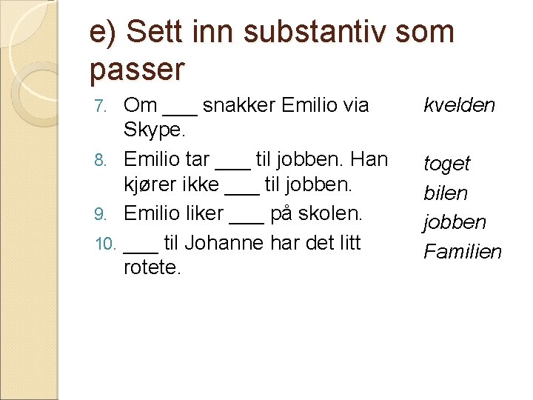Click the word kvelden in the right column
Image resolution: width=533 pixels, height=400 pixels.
459,105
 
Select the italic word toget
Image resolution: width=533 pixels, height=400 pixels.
446,164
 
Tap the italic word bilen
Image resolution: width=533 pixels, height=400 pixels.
446,193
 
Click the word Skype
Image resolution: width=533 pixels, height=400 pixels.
154,131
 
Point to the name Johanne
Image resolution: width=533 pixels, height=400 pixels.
229,242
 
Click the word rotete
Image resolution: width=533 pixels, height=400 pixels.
152,267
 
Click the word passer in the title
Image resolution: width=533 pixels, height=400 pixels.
137,70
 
